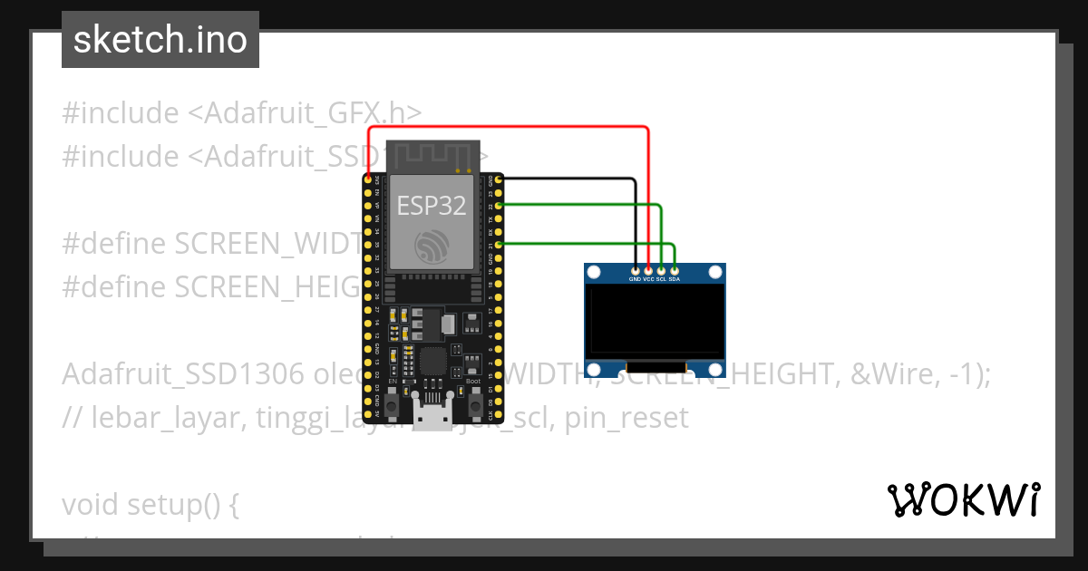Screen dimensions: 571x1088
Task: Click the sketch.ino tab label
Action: point(160,40)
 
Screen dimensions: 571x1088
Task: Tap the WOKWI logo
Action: point(963,499)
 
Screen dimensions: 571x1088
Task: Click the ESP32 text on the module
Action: point(432,206)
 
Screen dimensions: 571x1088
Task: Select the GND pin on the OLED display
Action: point(636,270)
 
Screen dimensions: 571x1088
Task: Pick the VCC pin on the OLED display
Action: point(648,270)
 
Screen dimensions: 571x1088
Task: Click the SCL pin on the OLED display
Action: point(661,270)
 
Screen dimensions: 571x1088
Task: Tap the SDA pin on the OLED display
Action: point(674,270)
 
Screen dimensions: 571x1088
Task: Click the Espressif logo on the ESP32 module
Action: point(432,246)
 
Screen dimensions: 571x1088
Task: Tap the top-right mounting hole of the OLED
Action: point(715,271)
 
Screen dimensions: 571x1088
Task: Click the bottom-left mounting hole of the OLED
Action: point(595,369)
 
